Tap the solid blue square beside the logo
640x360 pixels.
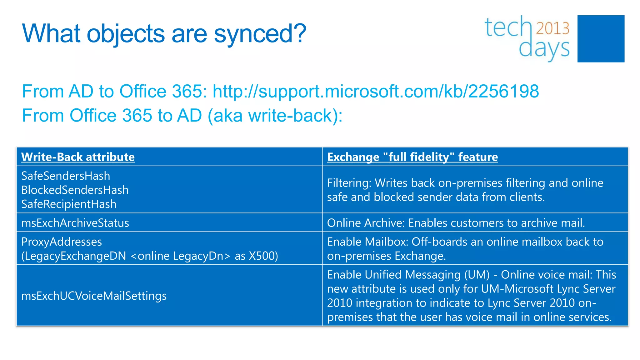coord(601,39)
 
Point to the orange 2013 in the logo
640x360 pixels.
coord(552,28)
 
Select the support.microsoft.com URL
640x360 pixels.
coord(376,91)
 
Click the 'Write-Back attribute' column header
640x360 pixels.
coord(78,157)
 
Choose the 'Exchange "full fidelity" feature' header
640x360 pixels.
coord(412,157)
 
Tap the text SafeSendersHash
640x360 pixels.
coord(66,176)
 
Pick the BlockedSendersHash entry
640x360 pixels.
coord(75,190)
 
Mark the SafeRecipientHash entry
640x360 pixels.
coord(69,204)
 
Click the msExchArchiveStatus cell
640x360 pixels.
coord(75,223)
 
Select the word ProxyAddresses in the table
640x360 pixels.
coord(62,242)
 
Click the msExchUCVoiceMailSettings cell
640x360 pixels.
coord(94,296)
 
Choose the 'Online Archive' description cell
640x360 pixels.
coord(456,223)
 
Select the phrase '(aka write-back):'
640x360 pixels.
coord(275,116)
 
